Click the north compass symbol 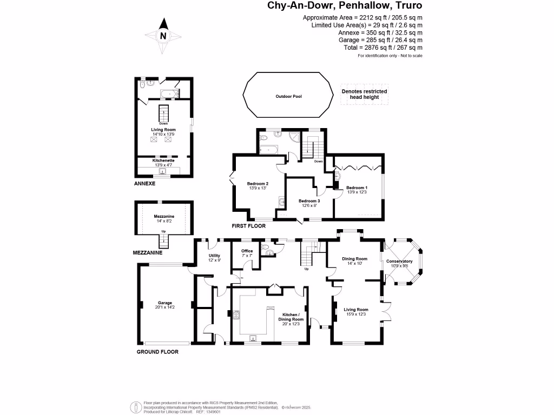click(163, 36)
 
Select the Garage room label click(164, 303)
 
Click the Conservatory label click(399, 262)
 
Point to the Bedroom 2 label click(258, 184)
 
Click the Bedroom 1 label click(357, 188)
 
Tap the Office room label click(247, 251)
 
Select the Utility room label click(215, 256)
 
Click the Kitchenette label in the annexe click(163, 160)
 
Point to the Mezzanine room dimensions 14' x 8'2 click(163, 221)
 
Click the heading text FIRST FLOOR click(248, 226)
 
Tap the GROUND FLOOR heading click(157, 352)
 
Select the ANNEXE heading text click(144, 184)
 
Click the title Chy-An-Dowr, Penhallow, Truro click(345, 6)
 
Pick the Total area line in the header click(383, 48)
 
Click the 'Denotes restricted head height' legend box click(364, 95)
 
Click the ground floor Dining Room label click(354, 259)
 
